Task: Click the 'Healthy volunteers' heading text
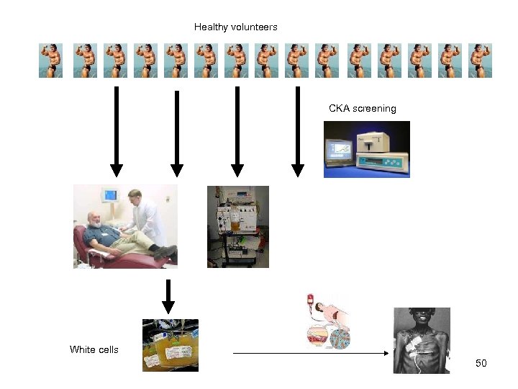coord(235,27)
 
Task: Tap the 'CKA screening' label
coord(362,109)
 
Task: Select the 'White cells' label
coord(94,350)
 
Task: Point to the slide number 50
coord(481,363)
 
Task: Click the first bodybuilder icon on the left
coord(50,61)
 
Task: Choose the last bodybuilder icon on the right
coord(480,61)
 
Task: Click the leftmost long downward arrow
coord(116,130)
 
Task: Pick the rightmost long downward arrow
coord(297,130)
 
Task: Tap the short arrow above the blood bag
coord(168,295)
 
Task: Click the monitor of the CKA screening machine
coord(341,151)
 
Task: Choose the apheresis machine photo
coord(237,227)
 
